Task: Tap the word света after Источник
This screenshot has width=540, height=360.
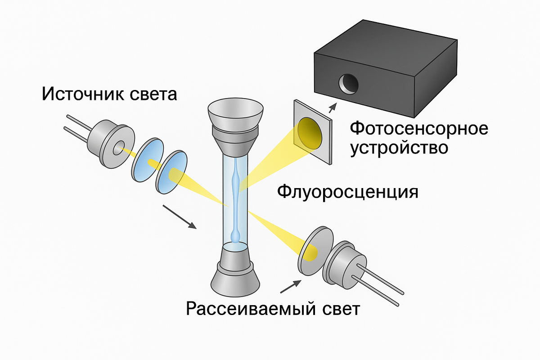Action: (x=153, y=95)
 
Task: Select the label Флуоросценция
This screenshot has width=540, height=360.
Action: (x=348, y=192)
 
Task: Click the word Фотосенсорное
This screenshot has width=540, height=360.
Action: (x=419, y=129)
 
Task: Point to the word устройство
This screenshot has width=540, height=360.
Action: (x=399, y=148)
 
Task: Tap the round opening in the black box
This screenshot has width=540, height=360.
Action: (x=348, y=83)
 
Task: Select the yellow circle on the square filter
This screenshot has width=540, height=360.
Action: (x=310, y=132)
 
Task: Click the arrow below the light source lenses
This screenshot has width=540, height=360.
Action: (x=179, y=216)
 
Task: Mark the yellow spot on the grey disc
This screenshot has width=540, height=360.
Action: (x=309, y=254)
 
